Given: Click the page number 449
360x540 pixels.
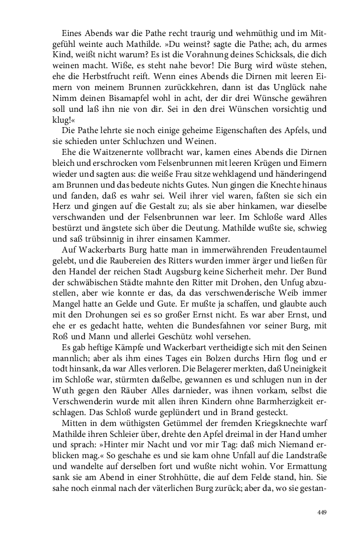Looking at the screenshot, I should pyautogui.click(x=321, y=512).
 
